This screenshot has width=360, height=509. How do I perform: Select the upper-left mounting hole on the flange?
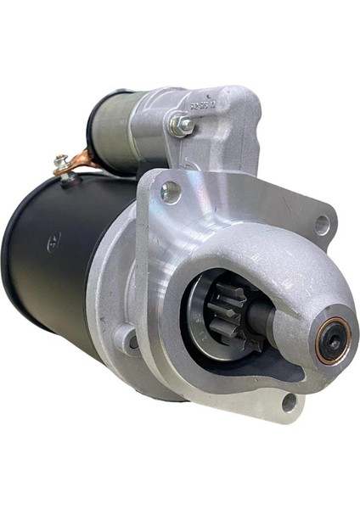(x=171, y=193)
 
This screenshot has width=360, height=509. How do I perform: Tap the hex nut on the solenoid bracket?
(x=182, y=126)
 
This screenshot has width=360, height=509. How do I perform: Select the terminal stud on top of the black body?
(x=59, y=160)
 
